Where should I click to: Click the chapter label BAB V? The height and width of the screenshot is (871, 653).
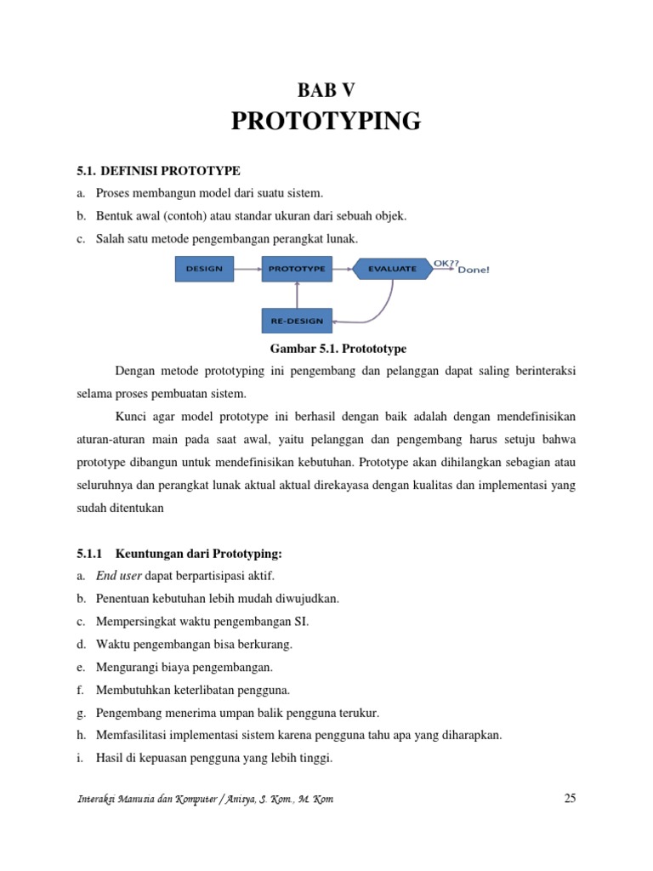coord(326,89)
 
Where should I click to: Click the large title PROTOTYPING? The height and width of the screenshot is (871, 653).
coord(326,122)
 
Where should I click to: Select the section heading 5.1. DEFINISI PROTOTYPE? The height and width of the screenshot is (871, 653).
coord(158,171)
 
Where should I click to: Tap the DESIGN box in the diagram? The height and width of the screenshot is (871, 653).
coord(204,269)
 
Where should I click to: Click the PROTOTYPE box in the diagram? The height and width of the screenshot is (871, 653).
coord(297,269)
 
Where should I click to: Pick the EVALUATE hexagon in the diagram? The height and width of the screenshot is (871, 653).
coord(392,269)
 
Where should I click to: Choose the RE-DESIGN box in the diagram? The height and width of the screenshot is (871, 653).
coord(297,321)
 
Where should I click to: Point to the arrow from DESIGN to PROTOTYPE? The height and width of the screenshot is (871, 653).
coord(247,269)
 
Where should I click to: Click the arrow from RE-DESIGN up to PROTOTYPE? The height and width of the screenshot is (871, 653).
coord(297,295)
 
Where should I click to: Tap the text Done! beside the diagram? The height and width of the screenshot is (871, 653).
coord(474,270)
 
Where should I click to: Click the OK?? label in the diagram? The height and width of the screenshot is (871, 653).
coord(446,263)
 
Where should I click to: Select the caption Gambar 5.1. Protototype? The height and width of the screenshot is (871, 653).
coord(326,349)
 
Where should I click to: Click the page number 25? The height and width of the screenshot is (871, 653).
coord(570,798)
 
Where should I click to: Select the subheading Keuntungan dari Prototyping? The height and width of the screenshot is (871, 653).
coord(192,553)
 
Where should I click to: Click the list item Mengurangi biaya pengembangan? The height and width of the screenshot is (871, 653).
coord(185,667)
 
